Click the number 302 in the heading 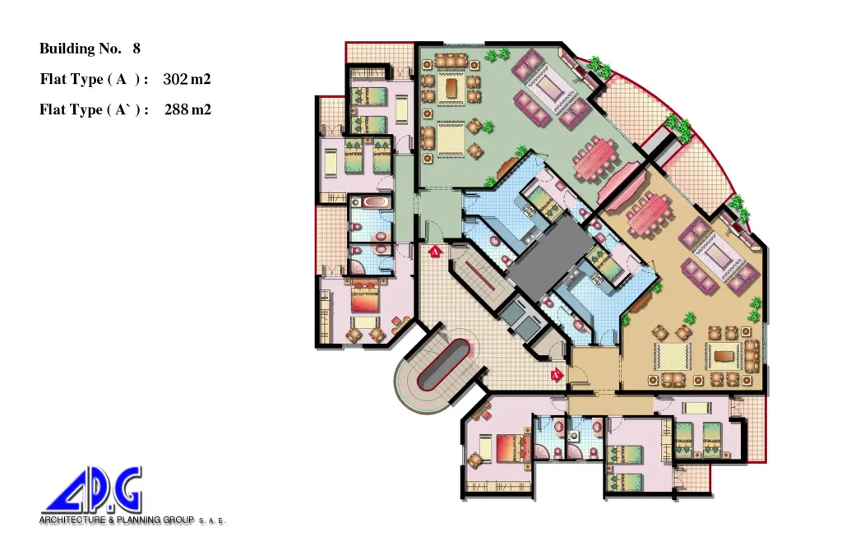pos(175,79)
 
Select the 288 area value pos(176,109)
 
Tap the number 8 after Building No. pos(136,49)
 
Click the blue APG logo pos(92,491)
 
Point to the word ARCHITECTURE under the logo pos(72,520)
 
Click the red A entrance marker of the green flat pos(435,250)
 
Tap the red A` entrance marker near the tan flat pos(557,373)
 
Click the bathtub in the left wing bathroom pos(372,203)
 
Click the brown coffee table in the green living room pos(451,86)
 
